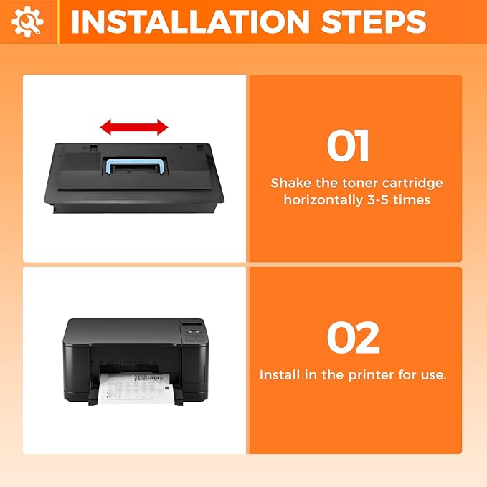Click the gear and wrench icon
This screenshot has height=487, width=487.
(27, 22)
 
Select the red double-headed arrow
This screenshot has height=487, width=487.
(134, 128)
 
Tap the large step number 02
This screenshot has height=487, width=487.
(353, 339)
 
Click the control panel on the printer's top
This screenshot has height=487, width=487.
(191, 329)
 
